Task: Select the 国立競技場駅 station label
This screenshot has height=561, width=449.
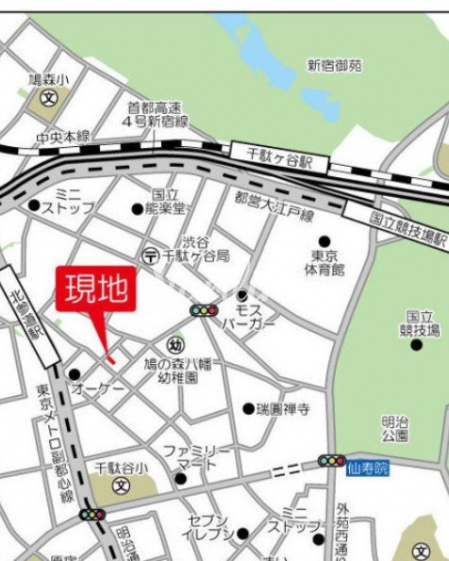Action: (407, 227)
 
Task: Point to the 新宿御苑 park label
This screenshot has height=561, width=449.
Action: (335, 66)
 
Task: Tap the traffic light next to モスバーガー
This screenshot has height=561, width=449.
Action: (203, 309)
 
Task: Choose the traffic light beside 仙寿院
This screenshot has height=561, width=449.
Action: (331, 461)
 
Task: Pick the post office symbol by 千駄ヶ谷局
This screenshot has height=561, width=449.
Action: (150, 256)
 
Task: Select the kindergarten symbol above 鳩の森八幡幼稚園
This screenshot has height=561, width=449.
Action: (175, 345)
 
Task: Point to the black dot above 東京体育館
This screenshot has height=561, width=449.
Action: (324, 241)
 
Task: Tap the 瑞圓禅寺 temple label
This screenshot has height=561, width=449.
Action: (283, 409)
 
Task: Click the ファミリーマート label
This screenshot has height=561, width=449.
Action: (196, 457)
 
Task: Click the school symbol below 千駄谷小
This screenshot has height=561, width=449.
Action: (121, 487)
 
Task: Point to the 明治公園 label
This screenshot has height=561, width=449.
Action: (395, 429)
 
